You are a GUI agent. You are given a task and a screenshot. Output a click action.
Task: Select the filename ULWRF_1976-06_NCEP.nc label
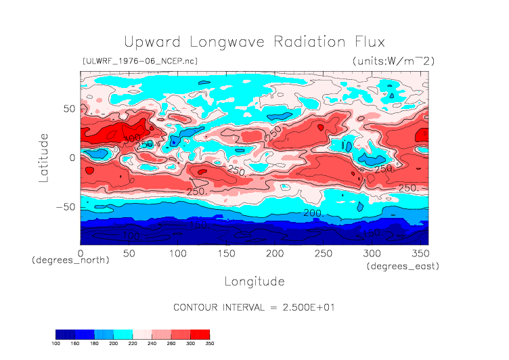pyautogui.click(x=139, y=61)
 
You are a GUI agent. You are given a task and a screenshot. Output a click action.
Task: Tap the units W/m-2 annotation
pyautogui.click(x=393, y=61)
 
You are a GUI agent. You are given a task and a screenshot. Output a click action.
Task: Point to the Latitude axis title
pyautogui.click(x=44, y=157)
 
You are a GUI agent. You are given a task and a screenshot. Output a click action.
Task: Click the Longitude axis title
pyautogui.click(x=254, y=281)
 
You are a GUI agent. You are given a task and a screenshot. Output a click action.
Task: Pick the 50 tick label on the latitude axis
pyautogui.click(x=68, y=108)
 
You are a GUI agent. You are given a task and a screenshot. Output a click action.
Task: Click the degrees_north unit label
pyautogui.click(x=70, y=260)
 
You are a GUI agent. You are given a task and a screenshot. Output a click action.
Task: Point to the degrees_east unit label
pyautogui.click(x=403, y=267)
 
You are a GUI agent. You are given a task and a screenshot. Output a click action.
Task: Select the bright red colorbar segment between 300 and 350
pyautogui.click(x=200, y=334)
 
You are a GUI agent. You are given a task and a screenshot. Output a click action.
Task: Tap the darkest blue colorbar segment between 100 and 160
pyautogui.click(x=65, y=334)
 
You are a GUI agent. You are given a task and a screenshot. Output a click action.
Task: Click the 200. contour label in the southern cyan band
pyautogui.click(x=313, y=213)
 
